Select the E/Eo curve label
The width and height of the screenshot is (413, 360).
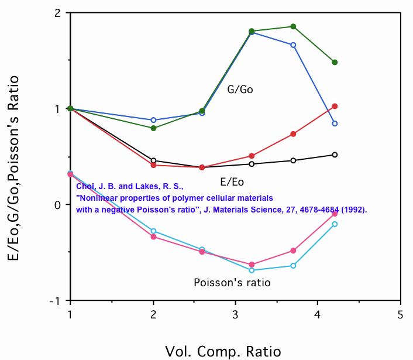pyautogui.click(x=232, y=181)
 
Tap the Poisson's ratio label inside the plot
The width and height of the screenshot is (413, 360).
pyautogui.click(x=232, y=283)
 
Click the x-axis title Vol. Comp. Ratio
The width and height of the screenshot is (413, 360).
pyautogui.click(x=223, y=351)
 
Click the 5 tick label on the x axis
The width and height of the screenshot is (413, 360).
pyautogui.click(x=400, y=314)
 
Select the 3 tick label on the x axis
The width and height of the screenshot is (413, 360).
pyautogui.click(x=235, y=314)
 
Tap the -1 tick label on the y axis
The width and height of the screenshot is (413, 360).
pyautogui.click(x=57, y=301)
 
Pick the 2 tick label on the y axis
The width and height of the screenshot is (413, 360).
pyautogui.click(x=58, y=13)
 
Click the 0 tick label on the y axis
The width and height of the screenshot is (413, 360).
pyautogui.click(x=58, y=205)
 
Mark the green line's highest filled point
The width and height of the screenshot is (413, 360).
pyautogui.click(x=293, y=26)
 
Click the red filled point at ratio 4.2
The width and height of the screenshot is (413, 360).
pyautogui.click(x=335, y=106)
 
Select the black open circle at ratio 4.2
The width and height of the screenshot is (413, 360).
pyautogui.click(x=335, y=155)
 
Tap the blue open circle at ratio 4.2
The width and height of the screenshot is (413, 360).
pyautogui.click(x=335, y=124)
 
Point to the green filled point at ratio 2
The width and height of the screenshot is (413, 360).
pyautogui.click(x=153, y=128)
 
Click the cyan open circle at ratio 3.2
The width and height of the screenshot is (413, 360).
pyautogui.click(x=252, y=270)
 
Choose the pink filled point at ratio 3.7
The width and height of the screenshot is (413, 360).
pyautogui.click(x=293, y=251)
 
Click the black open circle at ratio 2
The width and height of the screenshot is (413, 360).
pyautogui.click(x=153, y=160)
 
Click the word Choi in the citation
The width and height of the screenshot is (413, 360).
pyautogui.click(x=85, y=187)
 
